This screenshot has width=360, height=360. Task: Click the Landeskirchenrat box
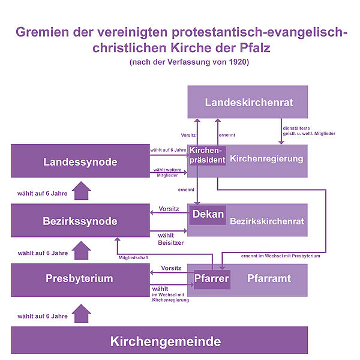click(248, 102)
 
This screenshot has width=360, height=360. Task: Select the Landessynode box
click(79, 161)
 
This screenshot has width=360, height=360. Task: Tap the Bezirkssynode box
click(79, 221)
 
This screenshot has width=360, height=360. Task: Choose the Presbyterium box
click(79, 278)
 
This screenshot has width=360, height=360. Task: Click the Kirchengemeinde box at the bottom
click(166, 341)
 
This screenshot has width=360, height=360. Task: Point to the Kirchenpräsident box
click(207, 155)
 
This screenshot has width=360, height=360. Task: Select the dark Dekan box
click(208, 214)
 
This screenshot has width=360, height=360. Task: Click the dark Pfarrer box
click(212, 278)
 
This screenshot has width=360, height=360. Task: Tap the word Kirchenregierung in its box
click(267, 160)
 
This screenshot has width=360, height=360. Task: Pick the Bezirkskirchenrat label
click(267, 221)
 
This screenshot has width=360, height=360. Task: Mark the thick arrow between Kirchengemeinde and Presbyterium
click(82, 313)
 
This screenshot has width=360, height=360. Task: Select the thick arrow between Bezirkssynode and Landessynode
click(82, 192)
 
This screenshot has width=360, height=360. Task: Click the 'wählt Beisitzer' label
click(168, 239)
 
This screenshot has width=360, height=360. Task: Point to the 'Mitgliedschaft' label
click(133, 257)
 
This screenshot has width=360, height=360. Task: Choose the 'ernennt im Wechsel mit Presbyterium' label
click(280, 256)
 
